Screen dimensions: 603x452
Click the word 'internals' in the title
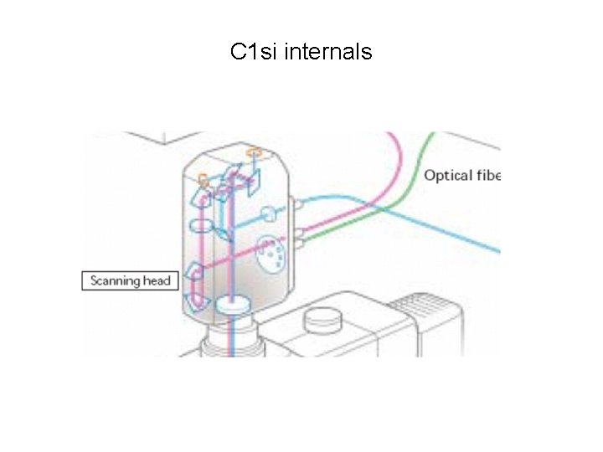(328, 52)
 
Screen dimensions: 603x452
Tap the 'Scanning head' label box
(131, 280)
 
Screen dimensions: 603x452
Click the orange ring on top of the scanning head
(255, 152)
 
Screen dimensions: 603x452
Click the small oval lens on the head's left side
(202, 225)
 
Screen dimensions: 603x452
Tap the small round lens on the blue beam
(269, 213)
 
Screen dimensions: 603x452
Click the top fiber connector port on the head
(295, 204)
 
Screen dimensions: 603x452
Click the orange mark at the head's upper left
(202, 177)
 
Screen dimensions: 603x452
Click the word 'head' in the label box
(157, 280)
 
